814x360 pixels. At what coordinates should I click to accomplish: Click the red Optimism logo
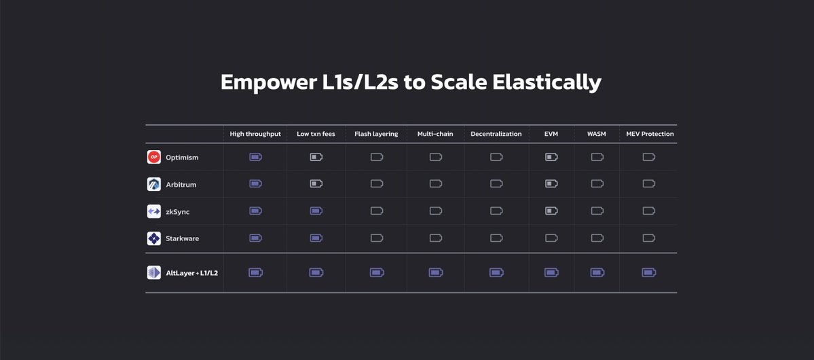(x=153, y=157)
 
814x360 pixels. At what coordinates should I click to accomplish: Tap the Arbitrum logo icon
(x=153, y=184)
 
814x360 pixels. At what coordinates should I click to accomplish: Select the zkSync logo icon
(x=153, y=211)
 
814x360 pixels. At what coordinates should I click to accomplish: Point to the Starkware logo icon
(x=153, y=238)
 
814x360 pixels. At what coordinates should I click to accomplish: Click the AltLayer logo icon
(x=153, y=273)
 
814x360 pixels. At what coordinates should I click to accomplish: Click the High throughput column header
(x=255, y=134)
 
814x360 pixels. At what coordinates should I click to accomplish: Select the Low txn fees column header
(x=316, y=134)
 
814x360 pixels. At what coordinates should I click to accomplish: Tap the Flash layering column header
(x=376, y=134)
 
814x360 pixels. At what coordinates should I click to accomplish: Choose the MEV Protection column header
(x=650, y=134)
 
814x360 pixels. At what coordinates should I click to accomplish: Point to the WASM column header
(x=597, y=134)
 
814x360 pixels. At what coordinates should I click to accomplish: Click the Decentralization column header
(x=496, y=134)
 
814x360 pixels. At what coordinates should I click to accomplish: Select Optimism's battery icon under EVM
(x=551, y=157)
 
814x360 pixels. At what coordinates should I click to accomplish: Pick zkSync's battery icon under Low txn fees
(x=316, y=211)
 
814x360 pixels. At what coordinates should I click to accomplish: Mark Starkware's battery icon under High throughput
(x=255, y=238)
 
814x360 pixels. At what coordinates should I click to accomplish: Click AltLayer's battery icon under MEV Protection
(x=649, y=272)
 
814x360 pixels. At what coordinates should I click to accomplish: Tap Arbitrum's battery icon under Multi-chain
(x=436, y=183)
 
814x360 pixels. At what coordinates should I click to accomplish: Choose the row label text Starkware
(x=182, y=239)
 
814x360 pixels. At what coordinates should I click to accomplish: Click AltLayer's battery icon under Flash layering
(x=377, y=272)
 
